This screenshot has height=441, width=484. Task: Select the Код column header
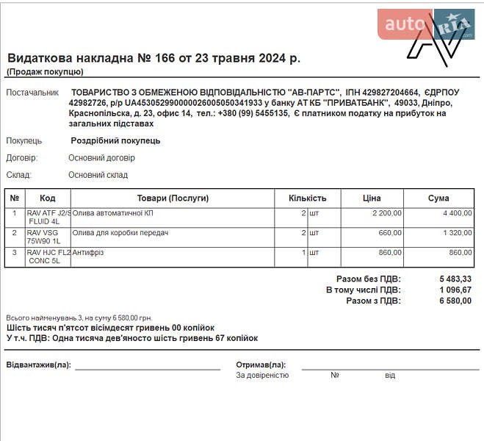coord(48,198)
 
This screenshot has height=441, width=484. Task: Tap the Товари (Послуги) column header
coord(173,198)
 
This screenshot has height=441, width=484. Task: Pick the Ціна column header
coord(372,198)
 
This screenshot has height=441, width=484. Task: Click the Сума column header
coord(438,198)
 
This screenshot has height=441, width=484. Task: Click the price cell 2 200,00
coord(386,213)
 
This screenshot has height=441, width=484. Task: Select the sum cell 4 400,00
coord(456,213)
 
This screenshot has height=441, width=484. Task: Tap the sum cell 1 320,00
coord(456,233)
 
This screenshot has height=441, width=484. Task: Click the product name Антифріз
coord(88,252)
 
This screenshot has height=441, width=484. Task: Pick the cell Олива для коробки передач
coord(120,233)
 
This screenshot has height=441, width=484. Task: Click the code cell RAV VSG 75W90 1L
coord(45,237)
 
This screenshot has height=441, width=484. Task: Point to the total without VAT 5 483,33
coord(455,279)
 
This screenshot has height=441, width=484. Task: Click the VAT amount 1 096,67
coord(455,290)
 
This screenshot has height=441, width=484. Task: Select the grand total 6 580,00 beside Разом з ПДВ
coord(455,300)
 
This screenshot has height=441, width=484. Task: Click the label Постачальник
coord(32,93)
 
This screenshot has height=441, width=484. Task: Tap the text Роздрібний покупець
coord(115,140)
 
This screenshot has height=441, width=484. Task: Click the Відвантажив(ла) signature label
coord(38,365)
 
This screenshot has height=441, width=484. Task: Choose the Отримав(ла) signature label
coord(260,365)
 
